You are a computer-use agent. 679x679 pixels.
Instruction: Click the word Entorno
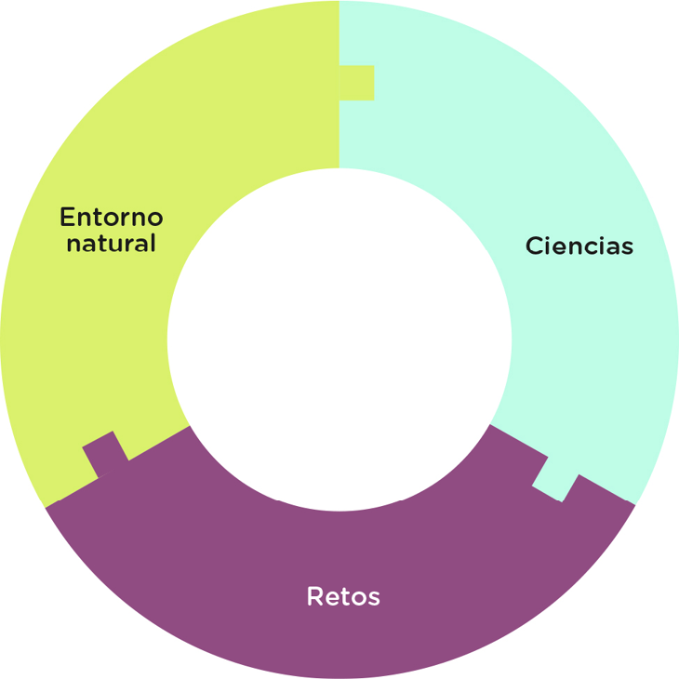tap(111, 218)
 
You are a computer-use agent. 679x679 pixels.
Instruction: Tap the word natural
tap(111, 244)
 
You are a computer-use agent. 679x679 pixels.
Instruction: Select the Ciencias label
tap(579, 246)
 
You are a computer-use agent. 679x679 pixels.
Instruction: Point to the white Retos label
tap(343, 596)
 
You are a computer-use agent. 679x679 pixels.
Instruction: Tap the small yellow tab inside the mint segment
tap(357, 83)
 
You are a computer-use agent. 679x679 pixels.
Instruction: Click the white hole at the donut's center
tap(339, 339)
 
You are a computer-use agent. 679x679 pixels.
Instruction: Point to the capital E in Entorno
tap(67, 218)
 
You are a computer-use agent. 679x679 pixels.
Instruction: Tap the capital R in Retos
tap(314, 596)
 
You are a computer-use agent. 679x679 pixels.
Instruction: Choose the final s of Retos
tap(374, 597)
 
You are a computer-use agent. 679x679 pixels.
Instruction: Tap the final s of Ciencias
tap(628, 247)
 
